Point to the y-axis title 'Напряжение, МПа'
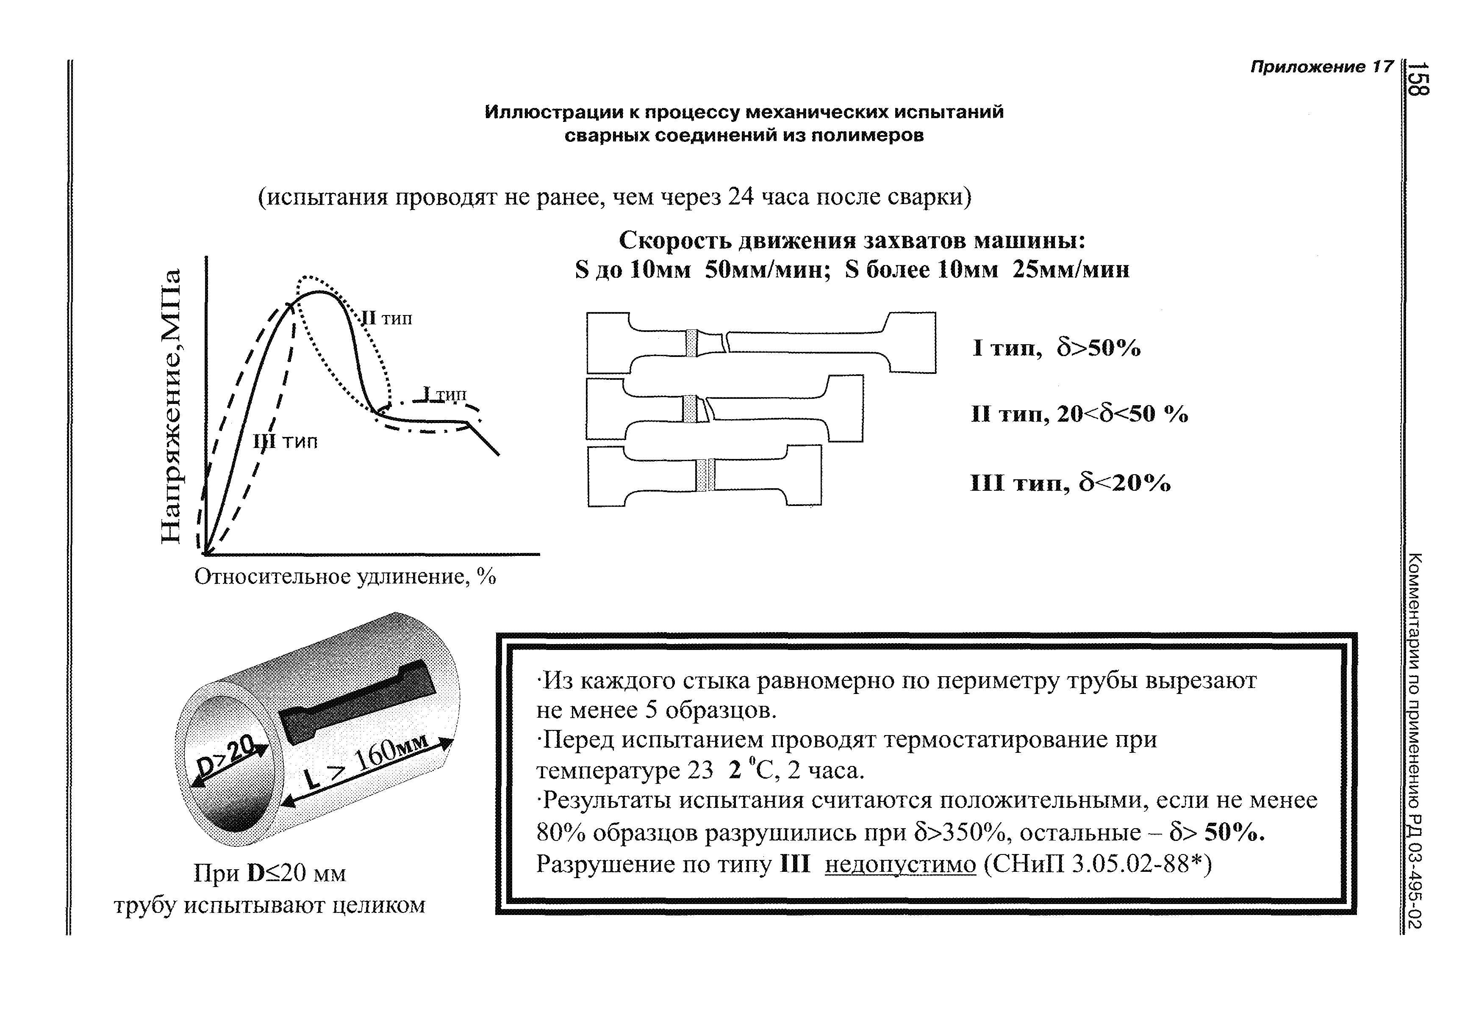point(170,406)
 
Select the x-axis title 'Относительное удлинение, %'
point(345,577)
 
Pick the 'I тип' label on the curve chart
point(445,394)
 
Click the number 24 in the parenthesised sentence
point(741,197)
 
